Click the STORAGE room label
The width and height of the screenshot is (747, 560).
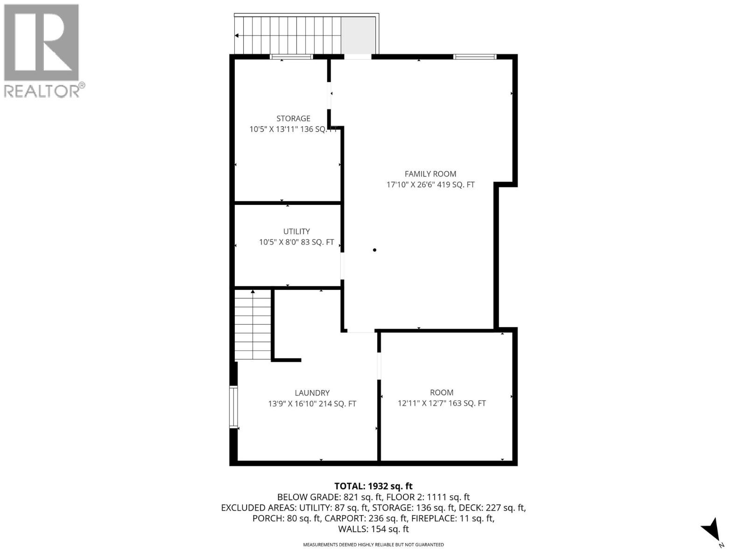(x=293, y=119)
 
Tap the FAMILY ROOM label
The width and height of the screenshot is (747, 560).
(x=430, y=174)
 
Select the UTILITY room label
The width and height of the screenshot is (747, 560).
(x=296, y=231)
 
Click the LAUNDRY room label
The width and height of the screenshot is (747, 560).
(x=312, y=393)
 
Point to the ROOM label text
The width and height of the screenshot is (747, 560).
(x=442, y=392)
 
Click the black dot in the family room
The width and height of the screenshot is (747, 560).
(x=374, y=250)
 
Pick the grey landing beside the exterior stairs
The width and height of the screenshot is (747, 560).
(x=358, y=35)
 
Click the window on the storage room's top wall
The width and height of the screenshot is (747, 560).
(x=291, y=57)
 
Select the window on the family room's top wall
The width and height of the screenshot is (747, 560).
(x=474, y=57)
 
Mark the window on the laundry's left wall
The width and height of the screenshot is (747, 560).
(x=233, y=406)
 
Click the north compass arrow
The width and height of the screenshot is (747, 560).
(x=712, y=529)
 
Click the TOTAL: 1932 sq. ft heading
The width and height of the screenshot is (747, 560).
(x=373, y=486)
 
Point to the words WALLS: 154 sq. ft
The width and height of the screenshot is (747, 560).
(x=373, y=529)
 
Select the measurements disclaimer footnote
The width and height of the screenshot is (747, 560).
(x=373, y=545)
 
